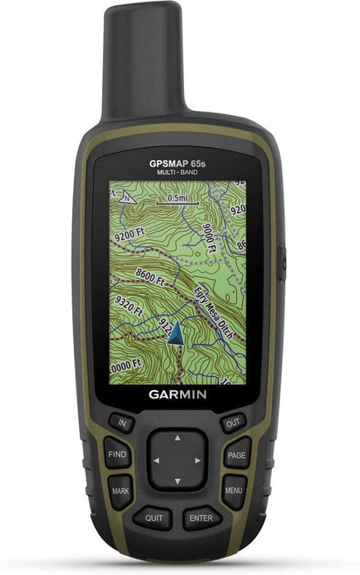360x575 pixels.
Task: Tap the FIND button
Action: [118, 453]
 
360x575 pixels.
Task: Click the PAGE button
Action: [237, 454]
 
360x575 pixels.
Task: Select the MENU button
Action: [234, 490]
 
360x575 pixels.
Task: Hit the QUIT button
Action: [154, 518]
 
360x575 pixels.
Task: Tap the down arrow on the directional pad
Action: [178, 480]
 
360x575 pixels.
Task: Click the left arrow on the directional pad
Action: [156, 460]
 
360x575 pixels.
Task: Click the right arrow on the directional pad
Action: [198, 460]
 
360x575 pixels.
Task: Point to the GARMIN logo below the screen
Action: [178, 393]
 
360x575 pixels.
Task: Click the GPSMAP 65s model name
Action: [178, 163]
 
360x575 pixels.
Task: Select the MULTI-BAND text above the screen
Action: [178, 172]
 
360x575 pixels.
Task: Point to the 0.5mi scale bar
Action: [177, 199]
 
